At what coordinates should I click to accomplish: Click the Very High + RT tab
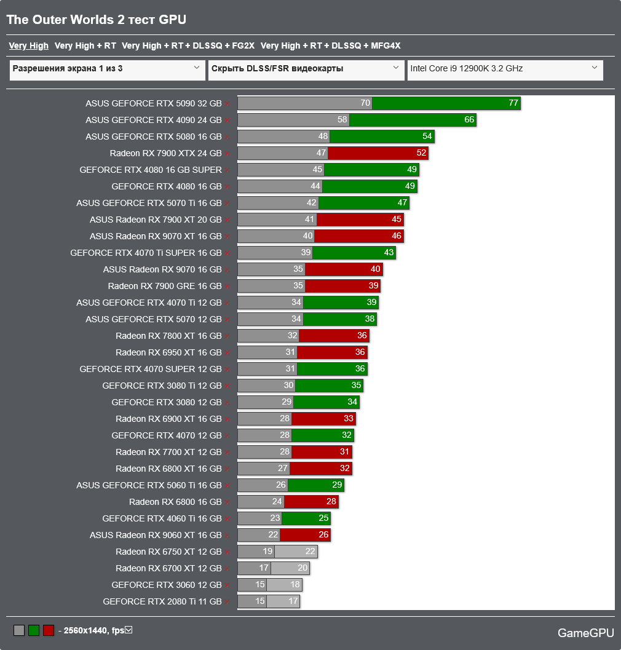[x=85, y=46]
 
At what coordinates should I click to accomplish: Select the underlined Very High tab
[x=28, y=46]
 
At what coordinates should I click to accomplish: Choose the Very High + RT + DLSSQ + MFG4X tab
[x=330, y=46]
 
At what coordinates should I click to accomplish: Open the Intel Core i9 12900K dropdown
[x=504, y=69]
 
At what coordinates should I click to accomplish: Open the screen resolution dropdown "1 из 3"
[x=107, y=69]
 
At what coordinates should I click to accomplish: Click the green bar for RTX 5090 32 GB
[x=446, y=103]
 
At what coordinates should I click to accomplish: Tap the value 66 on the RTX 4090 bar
[x=469, y=120]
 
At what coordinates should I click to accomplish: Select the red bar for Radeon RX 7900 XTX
[x=378, y=153]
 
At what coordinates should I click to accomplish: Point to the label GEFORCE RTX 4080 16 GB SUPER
[x=150, y=170]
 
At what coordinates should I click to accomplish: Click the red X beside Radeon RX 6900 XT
[x=227, y=419]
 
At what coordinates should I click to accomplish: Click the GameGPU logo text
[x=584, y=633]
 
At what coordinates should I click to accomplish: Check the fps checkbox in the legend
[x=129, y=630]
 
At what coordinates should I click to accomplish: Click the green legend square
[x=34, y=630]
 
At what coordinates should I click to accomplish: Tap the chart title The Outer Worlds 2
[x=96, y=20]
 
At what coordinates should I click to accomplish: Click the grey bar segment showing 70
[x=304, y=103]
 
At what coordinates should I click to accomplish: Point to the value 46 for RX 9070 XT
[x=396, y=236]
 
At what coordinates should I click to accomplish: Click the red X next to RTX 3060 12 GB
[x=227, y=585]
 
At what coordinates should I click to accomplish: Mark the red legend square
[x=49, y=630]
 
